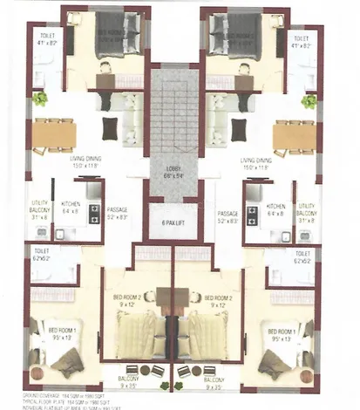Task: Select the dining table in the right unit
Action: (294, 133)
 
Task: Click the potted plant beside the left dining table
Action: (40, 100)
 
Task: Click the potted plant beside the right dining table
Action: (309, 101)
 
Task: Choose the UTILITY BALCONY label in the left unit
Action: (38, 210)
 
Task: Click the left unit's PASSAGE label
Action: (118, 213)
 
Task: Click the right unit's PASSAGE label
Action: (228, 213)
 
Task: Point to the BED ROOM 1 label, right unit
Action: (285, 332)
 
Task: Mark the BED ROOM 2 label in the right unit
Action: (218, 300)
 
